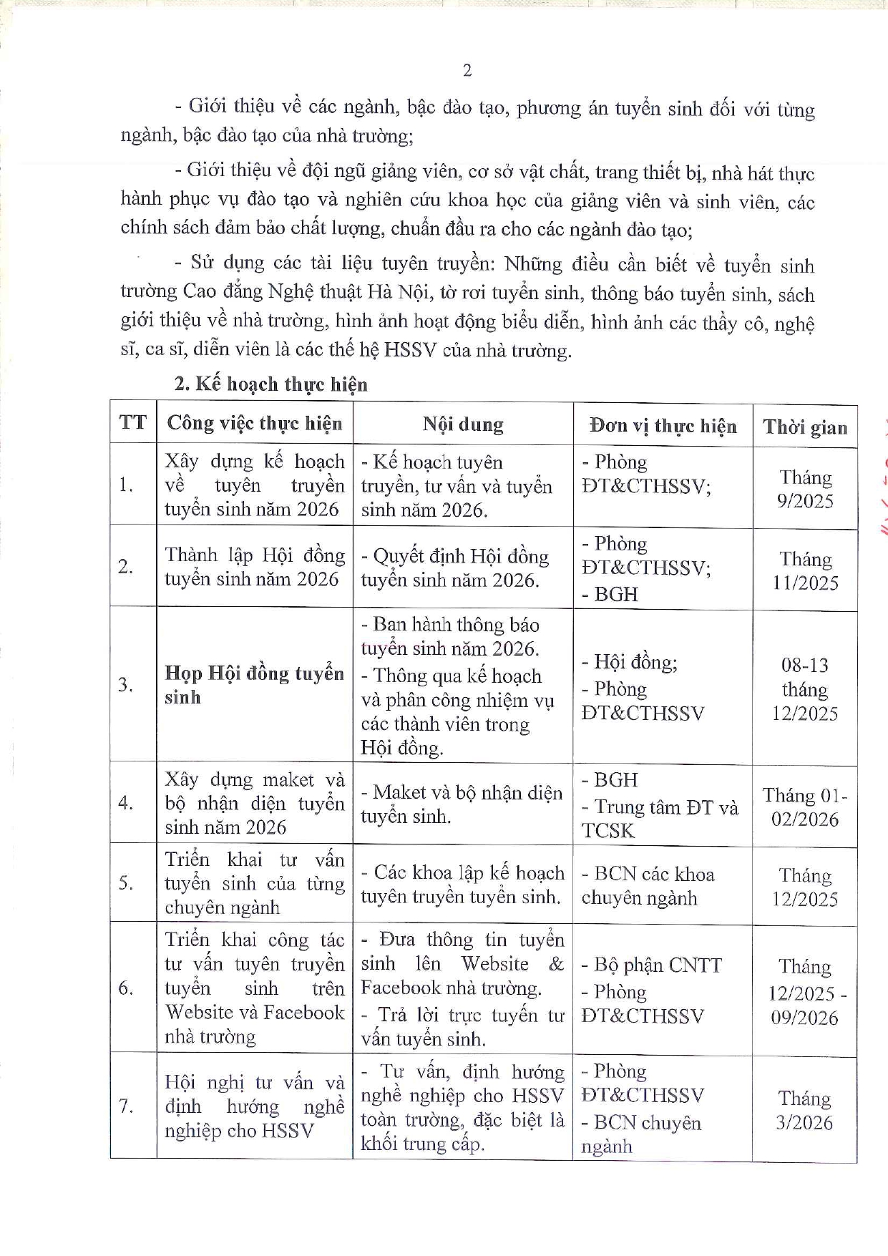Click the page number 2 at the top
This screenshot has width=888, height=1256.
[467, 70]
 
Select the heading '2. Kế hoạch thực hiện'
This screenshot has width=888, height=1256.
[270, 384]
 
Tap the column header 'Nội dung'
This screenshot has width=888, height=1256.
[462, 424]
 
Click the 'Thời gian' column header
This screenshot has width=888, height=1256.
[805, 427]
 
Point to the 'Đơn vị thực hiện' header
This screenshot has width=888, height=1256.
[663, 426]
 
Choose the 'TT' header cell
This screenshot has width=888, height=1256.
[133, 422]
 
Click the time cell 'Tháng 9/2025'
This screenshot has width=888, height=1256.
[805, 489]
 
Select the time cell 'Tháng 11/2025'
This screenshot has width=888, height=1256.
[805, 571]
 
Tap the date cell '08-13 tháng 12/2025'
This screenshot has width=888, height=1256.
[805, 688]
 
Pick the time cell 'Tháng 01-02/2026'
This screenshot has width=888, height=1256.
[805, 807]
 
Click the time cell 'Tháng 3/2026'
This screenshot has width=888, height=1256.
[805, 1109]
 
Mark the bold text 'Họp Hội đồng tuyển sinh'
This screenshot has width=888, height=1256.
[254, 685]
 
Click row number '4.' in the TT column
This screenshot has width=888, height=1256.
[126, 803]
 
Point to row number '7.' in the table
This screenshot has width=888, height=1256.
[126, 1106]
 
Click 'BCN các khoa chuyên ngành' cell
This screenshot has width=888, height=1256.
[648, 886]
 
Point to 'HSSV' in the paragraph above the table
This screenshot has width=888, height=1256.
[410, 351]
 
